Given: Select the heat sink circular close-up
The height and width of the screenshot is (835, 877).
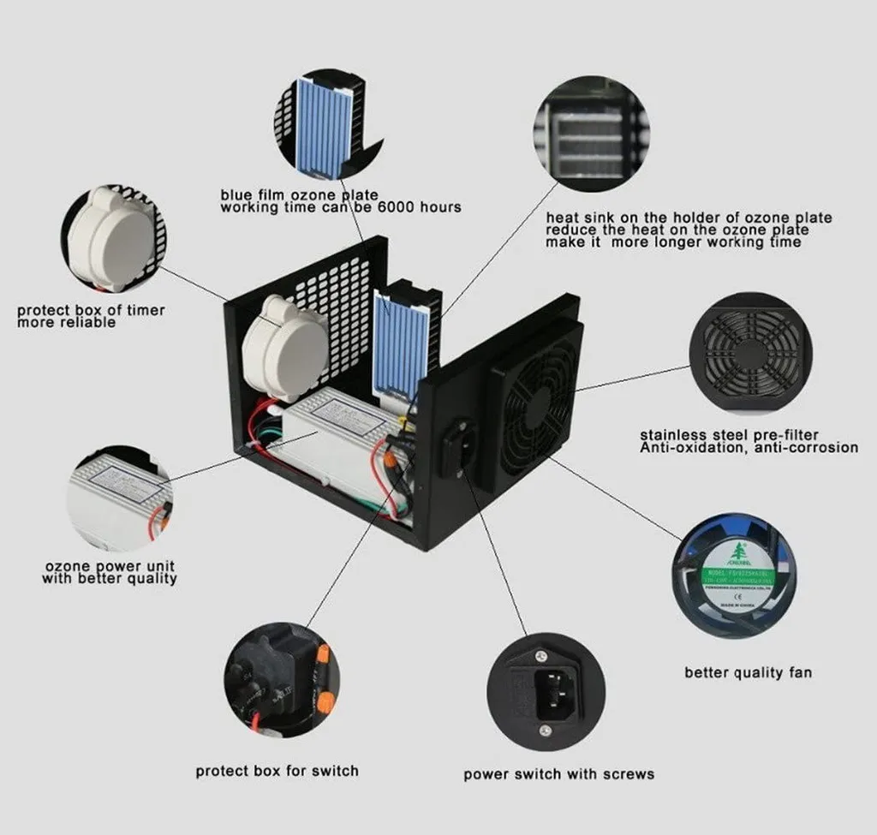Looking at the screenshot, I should coord(590,134).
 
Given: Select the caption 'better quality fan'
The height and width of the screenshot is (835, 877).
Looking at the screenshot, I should coord(748,672).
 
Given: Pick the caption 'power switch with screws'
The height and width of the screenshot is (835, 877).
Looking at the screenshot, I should coord(558,774).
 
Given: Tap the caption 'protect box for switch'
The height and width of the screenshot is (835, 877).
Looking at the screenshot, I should coord(277,771).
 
